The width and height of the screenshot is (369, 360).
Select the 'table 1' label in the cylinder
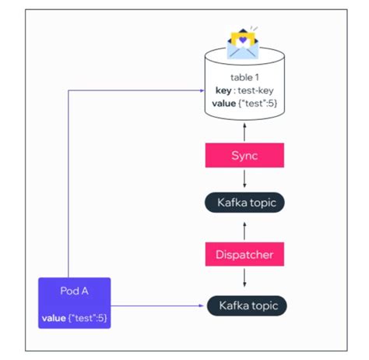[x=245, y=77]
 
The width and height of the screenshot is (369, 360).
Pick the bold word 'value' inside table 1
[x=226, y=104]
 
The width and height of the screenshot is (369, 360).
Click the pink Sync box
[x=245, y=155]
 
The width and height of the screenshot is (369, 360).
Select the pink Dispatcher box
[x=245, y=254]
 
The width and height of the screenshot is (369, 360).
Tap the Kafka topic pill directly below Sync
[x=245, y=203]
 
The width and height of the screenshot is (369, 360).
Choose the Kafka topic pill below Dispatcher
[x=245, y=305]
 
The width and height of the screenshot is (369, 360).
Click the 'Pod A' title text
[x=74, y=290]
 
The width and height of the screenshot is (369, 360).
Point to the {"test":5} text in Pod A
[x=89, y=317]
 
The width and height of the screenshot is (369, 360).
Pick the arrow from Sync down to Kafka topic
[x=245, y=179]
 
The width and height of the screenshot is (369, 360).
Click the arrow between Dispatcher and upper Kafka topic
[x=245, y=229]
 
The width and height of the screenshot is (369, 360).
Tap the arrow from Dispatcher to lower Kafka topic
[x=245, y=279]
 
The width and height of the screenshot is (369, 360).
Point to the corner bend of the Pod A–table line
[x=69, y=91]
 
